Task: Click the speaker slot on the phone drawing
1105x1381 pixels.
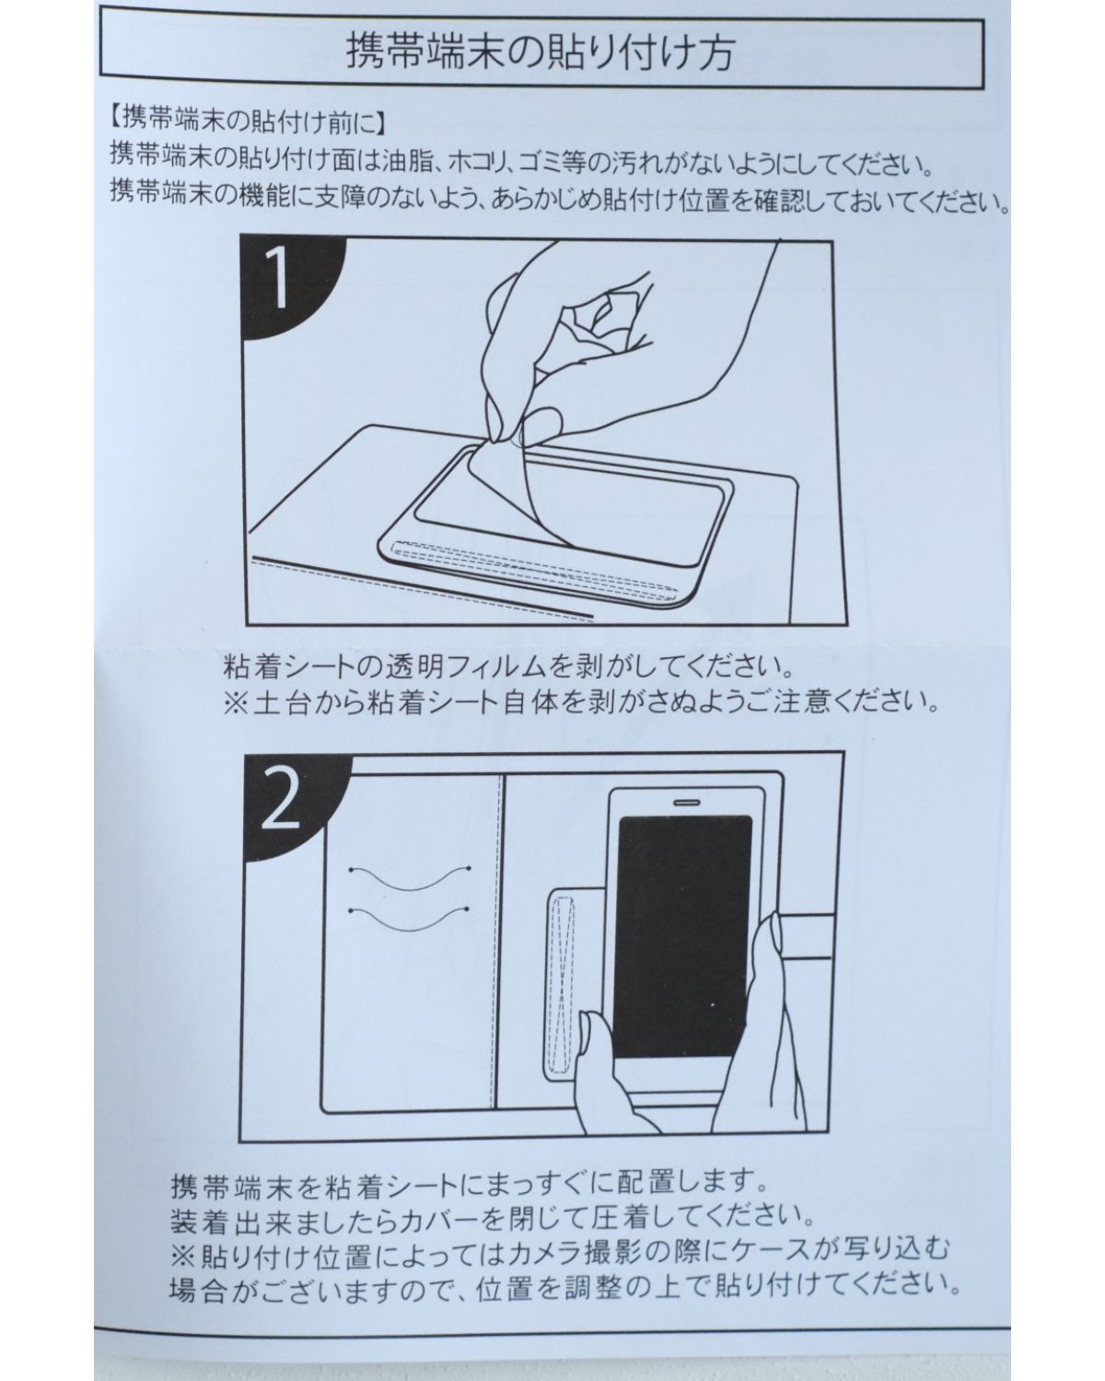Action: [x=686, y=802]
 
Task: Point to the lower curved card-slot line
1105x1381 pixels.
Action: [x=410, y=921]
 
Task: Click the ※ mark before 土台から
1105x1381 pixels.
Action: [x=235, y=703]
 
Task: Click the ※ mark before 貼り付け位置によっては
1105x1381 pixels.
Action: [x=183, y=1252]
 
